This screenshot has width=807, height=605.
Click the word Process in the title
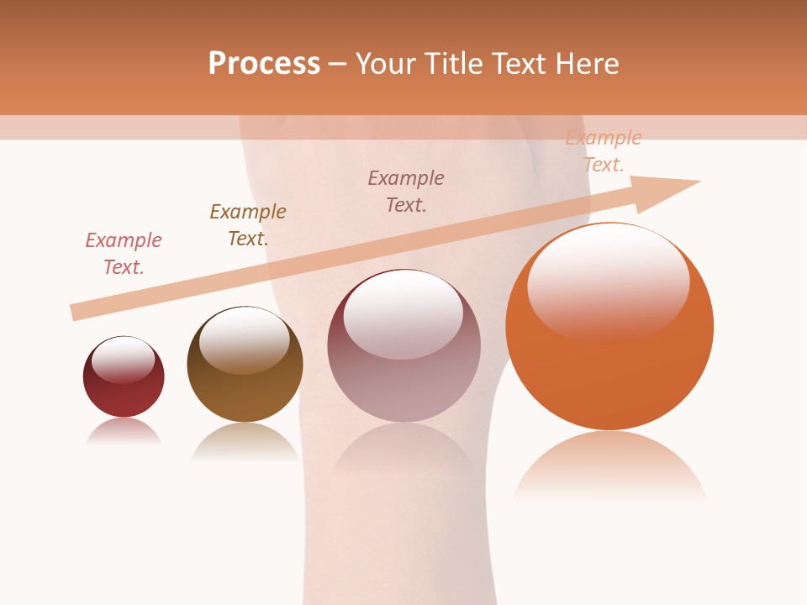264,64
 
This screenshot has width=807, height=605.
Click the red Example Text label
124,254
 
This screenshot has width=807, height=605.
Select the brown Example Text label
248,225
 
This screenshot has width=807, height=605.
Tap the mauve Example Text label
406,192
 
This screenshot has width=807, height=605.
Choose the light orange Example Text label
604,151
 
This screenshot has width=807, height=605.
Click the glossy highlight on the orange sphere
608,281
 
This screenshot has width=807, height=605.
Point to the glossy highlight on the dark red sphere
124,360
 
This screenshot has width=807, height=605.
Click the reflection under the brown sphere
245,440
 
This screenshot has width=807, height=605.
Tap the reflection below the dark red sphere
124,430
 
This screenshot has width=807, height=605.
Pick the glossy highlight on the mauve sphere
403,313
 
